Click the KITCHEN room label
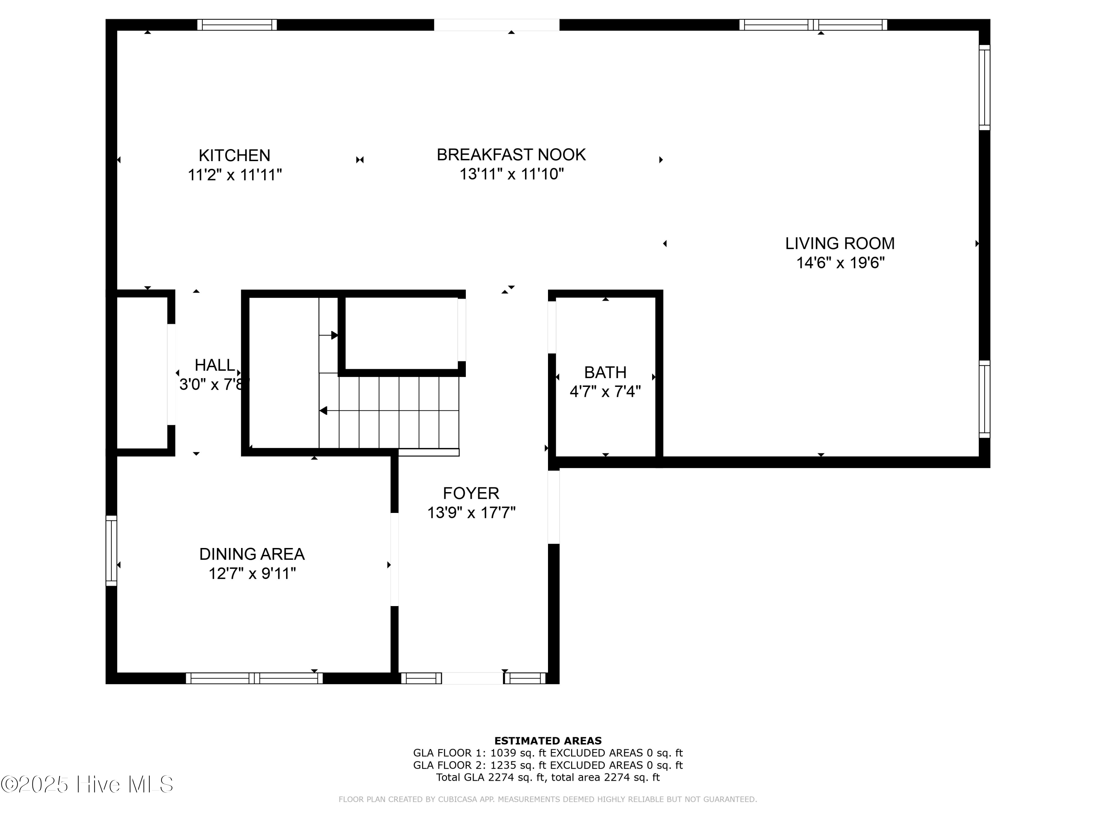pyautogui.click(x=235, y=156)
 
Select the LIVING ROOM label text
pyautogui.click(x=840, y=243)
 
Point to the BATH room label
pyautogui.click(x=605, y=372)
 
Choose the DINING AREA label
pyautogui.click(x=252, y=554)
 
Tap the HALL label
pyautogui.click(x=214, y=365)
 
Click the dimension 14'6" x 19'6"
pyautogui.click(x=840, y=263)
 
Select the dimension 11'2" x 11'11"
pyautogui.click(x=235, y=175)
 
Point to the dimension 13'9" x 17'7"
pyautogui.click(x=471, y=512)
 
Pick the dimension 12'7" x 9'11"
pyautogui.click(x=252, y=573)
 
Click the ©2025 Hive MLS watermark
pyautogui.click(x=87, y=784)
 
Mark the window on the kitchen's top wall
pyautogui.click(x=237, y=25)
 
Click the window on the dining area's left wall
pyautogui.click(x=111, y=551)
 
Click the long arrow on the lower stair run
pyautogui.click(x=389, y=411)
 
